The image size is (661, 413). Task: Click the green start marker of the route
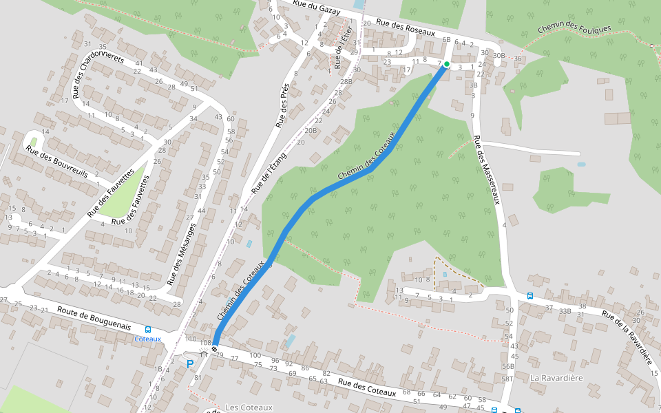pyautogui.click(x=446, y=64)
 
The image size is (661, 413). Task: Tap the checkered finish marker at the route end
pyautogui.click(x=215, y=349)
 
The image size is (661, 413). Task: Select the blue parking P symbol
pyautogui.click(x=189, y=363)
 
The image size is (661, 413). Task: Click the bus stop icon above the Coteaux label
pyautogui.click(x=147, y=330)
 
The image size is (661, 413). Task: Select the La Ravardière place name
pyautogui.click(x=556, y=378)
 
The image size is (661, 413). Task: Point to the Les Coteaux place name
pyautogui.click(x=249, y=407)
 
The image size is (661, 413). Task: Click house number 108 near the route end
pyautogui.click(x=204, y=342)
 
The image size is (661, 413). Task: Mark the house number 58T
pyautogui.click(x=508, y=379)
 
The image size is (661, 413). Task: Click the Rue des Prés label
pyautogui.click(x=282, y=106)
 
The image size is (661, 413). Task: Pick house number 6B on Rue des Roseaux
pyautogui.click(x=446, y=40)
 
